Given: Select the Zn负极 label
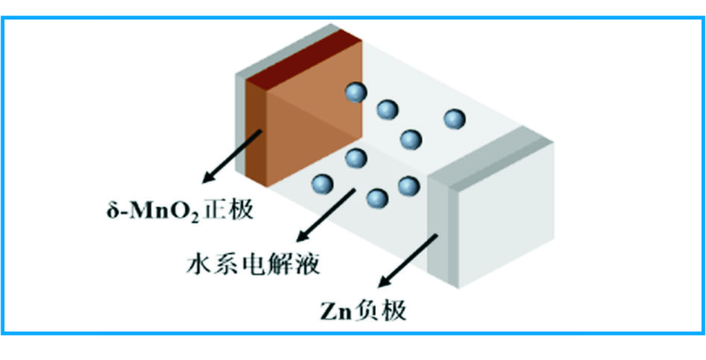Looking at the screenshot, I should (x=359, y=309).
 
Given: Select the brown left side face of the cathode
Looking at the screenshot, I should (x=254, y=134).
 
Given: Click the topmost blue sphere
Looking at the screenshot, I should (x=356, y=92).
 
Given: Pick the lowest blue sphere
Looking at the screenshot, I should (x=378, y=198).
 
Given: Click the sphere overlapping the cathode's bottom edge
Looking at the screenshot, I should (x=356, y=158).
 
